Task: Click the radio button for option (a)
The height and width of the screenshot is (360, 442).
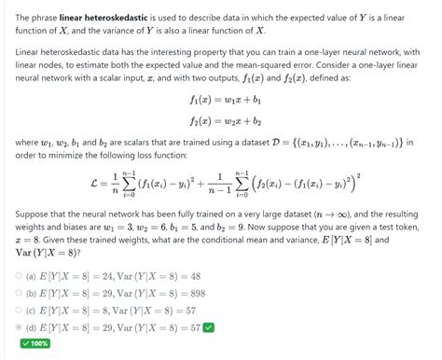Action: [19, 276]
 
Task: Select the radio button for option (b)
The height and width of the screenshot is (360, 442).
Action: [19, 293]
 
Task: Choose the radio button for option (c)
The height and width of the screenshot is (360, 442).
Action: [19, 310]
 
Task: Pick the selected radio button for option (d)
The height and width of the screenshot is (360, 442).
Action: [19, 327]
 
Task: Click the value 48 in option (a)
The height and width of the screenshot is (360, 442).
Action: [189, 276]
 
